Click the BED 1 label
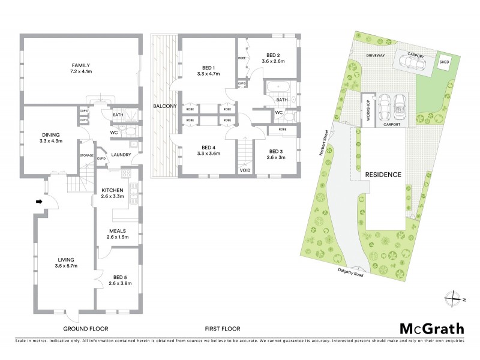coord(208,70)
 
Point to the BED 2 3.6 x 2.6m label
coord(275,58)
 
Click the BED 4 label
coord(208,151)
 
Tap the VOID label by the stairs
coord(245,170)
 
